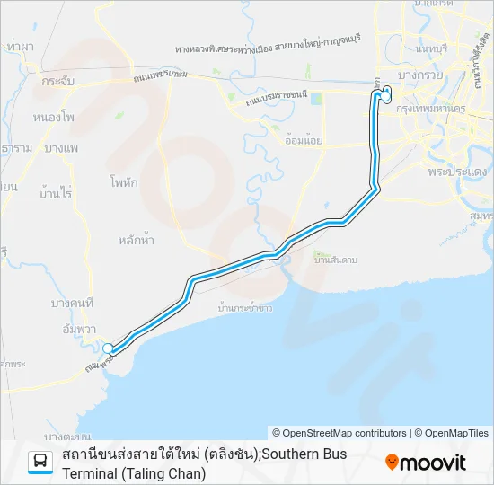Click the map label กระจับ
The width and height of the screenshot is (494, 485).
click(x=57, y=80)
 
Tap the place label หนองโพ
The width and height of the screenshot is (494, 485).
click(x=53, y=117)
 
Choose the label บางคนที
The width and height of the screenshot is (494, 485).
click(x=74, y=304)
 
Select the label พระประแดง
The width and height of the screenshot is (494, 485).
click(x=457, y=171)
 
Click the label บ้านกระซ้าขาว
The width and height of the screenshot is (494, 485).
click(x=246, y=307)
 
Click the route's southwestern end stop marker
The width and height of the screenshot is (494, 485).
click(x=108, y=348)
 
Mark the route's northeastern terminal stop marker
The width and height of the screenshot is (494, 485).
click(x=387, y=94)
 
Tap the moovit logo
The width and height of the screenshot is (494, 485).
click(x=426, y=463)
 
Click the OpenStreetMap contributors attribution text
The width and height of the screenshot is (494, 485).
click(x=340, y=433)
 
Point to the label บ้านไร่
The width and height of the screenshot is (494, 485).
click(x=56, y=193)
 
